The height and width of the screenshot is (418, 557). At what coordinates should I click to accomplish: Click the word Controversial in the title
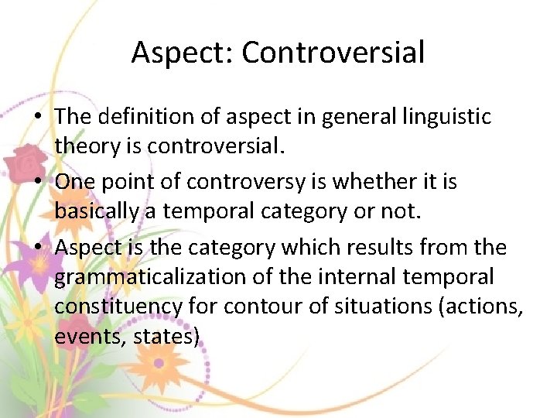[333, 53]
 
